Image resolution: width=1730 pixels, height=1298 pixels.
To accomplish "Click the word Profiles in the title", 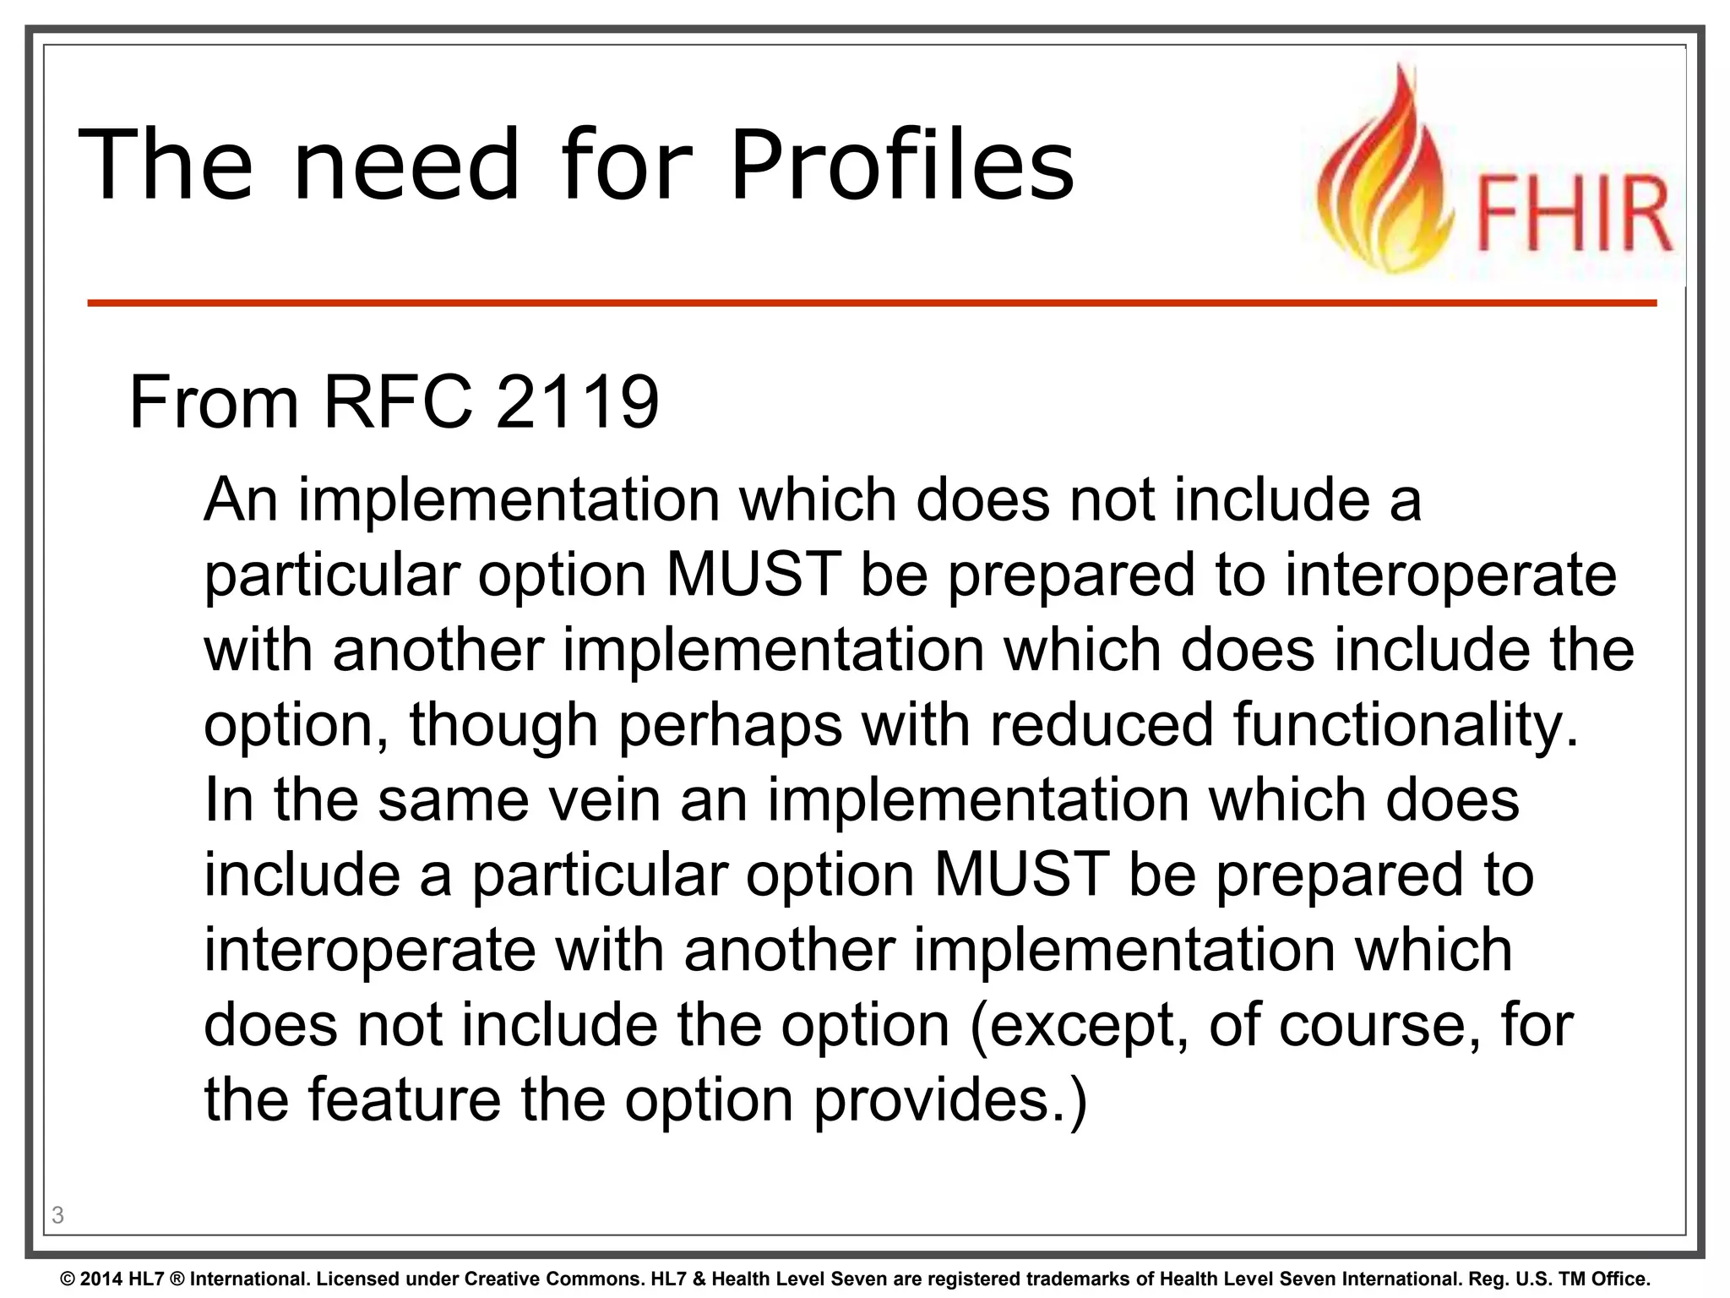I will point(901,164).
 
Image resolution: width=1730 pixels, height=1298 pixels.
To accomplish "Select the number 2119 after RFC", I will point(577,402).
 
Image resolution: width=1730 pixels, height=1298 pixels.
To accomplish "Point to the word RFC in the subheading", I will point(398,402).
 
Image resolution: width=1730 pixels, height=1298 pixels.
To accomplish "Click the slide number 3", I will point(57,1215).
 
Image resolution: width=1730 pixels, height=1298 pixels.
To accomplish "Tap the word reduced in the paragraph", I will point(1102,724).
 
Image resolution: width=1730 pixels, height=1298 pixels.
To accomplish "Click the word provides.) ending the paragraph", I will point(949,1101).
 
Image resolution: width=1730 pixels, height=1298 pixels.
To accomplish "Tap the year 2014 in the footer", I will point(102,1279).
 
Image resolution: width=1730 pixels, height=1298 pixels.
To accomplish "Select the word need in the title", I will point(405,164).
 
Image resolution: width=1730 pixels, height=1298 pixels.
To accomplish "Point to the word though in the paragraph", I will point(503,725).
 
